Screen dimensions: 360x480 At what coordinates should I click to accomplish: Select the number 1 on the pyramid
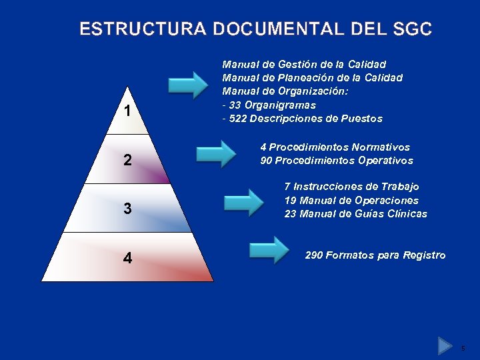(x=127, y=111)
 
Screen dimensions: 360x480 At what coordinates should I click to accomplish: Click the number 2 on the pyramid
(x=127, y=161)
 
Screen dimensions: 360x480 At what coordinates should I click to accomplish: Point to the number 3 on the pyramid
(x=127, y=209)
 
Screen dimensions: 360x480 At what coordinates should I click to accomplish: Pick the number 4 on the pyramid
(x=127, y=257)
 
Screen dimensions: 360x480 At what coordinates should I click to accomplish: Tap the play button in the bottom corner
(x=445, y=345)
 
